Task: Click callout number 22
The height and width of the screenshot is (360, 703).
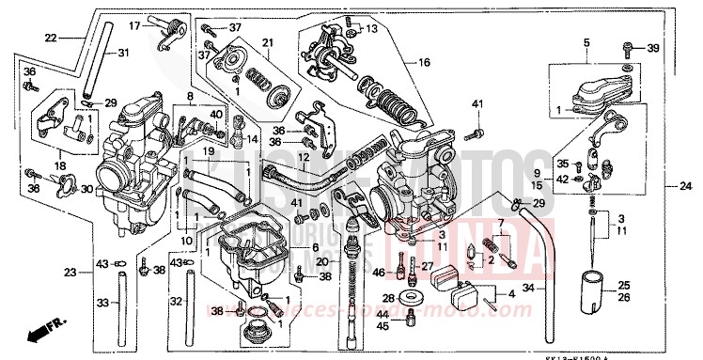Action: [x=51, y=38]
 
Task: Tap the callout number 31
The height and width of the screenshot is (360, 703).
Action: [x=123, y=53]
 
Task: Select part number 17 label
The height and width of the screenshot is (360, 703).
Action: [x=135, y=25]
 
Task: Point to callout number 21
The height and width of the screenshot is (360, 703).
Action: [x=266, y=43]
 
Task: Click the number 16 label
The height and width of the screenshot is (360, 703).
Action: [x=424, y=62]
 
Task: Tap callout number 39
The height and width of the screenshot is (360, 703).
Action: [x=652, y=47]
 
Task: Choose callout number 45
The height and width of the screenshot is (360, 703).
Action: [x=382, y=325]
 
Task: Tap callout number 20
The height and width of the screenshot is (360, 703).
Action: [x=322, y=261]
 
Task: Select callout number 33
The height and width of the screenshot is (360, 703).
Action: [x=102, y=303]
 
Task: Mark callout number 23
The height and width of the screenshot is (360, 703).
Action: [x=69, y=274]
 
